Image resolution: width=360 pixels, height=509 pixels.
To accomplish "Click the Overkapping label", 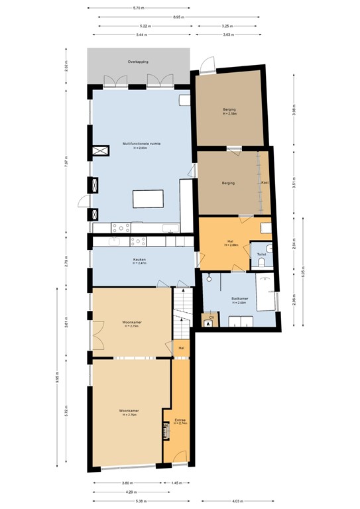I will [x=138, y=62].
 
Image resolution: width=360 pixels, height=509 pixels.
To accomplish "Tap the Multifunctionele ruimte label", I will [x=141, y=143].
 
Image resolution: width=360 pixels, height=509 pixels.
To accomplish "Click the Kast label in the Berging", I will [x=264, y=182].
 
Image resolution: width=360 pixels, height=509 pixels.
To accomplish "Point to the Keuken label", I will [x=139, y=259].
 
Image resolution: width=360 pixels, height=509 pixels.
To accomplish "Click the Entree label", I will [x=180, y=420].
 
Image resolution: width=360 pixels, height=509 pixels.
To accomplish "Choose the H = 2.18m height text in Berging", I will [x=229, y=114].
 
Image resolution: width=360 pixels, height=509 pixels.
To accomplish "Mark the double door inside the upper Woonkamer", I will [x=98, y=336].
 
